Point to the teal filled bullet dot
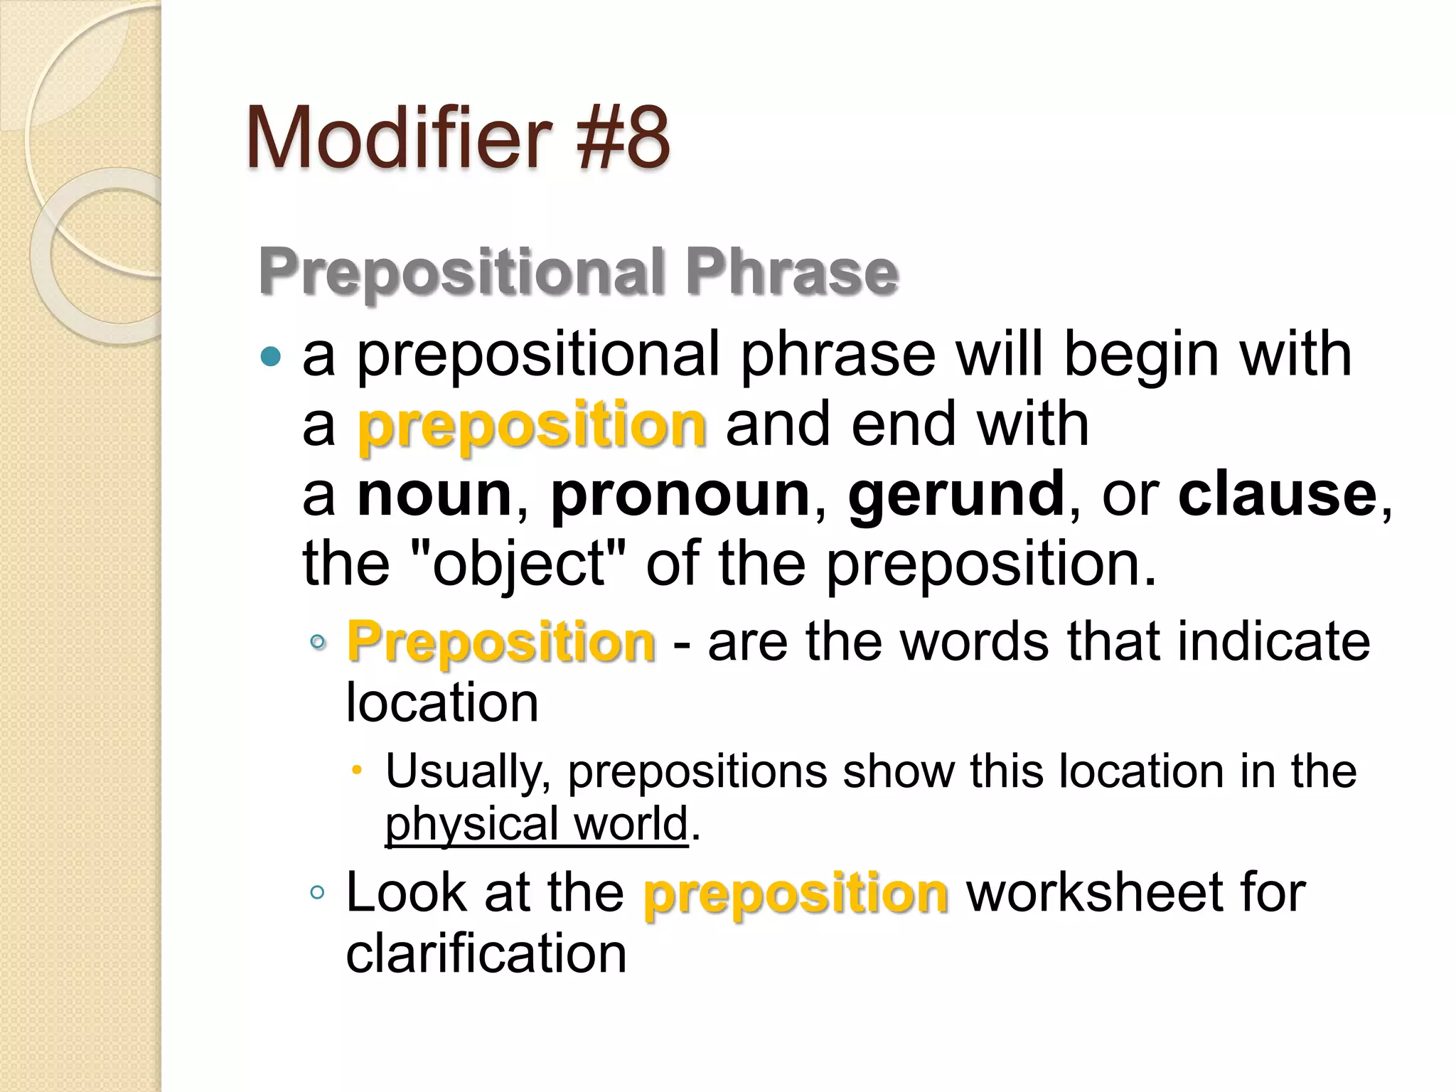[x=271, y=355]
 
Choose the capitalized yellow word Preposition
[x=500, y=642]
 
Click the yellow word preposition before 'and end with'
[x=532, y=424]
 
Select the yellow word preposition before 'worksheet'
[x=796, y=893]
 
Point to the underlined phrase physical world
[x=537, y=824]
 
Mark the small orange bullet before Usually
[x=358, y=771]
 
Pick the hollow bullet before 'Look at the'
[x=317, y=893]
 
